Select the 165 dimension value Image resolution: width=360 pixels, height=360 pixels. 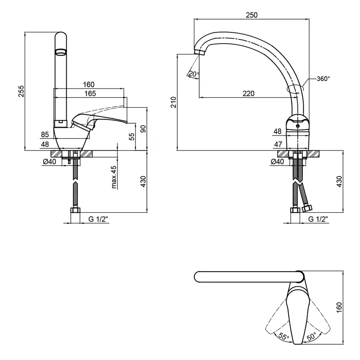pos(90,94)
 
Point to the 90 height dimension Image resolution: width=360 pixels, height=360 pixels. pos(143,129)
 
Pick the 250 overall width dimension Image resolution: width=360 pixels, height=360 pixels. pos(252,15)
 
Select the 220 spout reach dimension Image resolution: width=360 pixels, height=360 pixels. pos(248,94)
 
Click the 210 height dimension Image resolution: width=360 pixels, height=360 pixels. pos(173,102)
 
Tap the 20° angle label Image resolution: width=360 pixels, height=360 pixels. pos(194,74)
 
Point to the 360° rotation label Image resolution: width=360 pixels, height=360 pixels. pos(323,79)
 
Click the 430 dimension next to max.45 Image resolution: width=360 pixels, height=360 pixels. pos(143,181)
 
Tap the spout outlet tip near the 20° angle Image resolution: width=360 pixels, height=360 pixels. pos(199,52)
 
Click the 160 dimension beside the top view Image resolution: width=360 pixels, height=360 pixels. pos(339,307)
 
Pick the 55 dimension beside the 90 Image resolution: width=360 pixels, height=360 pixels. pos(131,137)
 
